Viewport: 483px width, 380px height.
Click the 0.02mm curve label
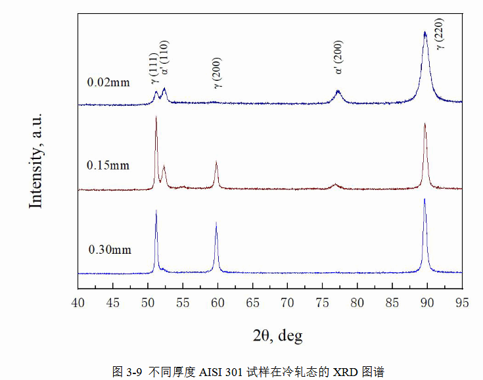pos(108,83)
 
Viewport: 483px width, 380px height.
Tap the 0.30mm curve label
pos(110,250)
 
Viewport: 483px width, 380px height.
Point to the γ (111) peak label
pos(154,68)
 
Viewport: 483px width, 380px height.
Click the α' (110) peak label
pos(165,62)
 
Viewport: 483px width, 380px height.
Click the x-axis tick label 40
pos(78,302)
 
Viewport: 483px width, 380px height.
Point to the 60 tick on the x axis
pos(218,302)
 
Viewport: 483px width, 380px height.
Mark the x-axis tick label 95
pos(462,302)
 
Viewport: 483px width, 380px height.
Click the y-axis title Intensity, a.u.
pos(35,160)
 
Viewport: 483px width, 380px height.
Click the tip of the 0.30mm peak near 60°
pos(216,223)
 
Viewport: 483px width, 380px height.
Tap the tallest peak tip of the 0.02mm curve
pos(425,32)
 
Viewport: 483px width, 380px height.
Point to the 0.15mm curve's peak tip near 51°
pos(156,117)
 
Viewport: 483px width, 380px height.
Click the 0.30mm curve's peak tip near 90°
pos(425,199)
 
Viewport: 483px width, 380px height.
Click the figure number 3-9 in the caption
pos(133,371)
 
